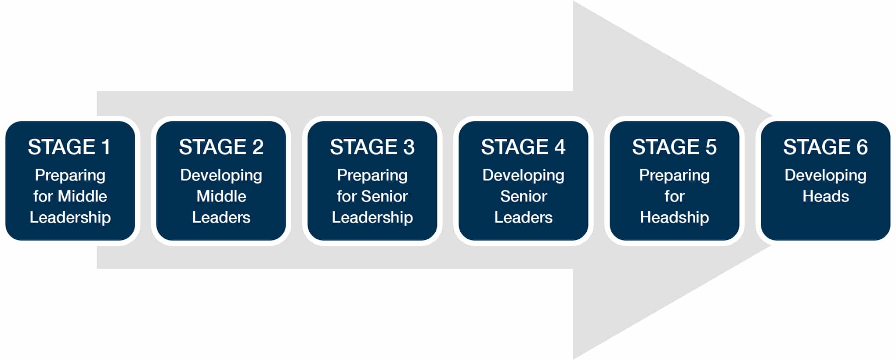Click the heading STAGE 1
click(69, 147)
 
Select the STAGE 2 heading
click(221, 147)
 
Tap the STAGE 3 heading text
click(372, 147)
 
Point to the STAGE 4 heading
click(523, 147)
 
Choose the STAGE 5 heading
click(674, 147)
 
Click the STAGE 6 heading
click(825, 147)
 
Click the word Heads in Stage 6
click(826, 196)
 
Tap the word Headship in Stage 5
click(674, 217)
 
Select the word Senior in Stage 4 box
click(524, 196)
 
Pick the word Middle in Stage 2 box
click(221, 196)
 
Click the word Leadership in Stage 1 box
click(70, 217)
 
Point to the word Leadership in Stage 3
click(372, 217)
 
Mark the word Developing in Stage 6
click(826, 176)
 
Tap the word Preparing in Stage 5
click(674, 176)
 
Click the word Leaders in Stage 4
click(524, 217)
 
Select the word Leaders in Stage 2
click(221, 217)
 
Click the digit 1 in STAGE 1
click(105, 147)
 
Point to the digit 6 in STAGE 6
click(862, 147)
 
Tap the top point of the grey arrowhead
click(573, 1)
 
